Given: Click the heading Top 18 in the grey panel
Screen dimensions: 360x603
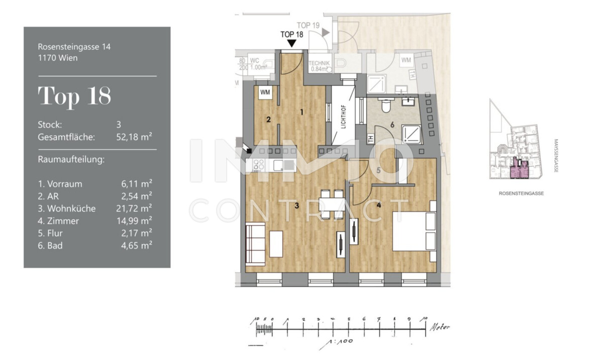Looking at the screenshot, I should pyautogui.click(x=74, y=96).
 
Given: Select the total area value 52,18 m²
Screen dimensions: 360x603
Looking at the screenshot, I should pyautogui.click(x=134, y=136).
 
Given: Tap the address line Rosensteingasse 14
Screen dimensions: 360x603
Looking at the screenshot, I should pyautogui.click(x=74, y=47).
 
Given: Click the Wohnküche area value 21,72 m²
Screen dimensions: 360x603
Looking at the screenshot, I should pyautogui.click(x=133, y=208).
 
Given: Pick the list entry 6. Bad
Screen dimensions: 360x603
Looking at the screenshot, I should pyautogui.click(x=50, y=246).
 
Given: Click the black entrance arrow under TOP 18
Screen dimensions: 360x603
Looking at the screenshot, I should pyautogui.click(x=292, y=44).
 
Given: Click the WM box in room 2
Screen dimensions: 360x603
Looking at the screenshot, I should pyautogui.click(x=265, y=93).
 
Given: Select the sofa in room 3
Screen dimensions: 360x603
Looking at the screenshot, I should pyautogui.click(x=255, y=245).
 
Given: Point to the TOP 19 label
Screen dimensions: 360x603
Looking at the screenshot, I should pyautogui.click(x=308, y=25).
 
